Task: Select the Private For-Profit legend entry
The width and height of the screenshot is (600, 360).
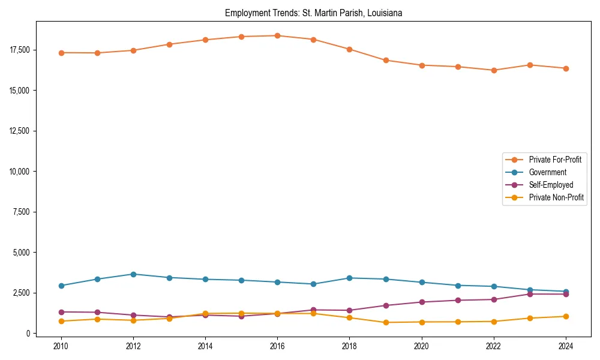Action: [x=555, y=160]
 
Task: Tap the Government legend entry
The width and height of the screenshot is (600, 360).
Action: [x=547, y=172]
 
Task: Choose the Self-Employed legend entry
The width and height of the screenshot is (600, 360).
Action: [x=551, y=185]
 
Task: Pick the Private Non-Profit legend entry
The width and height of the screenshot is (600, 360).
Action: [x=556, y=197]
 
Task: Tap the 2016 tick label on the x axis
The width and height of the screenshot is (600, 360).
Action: [x=277, y=346]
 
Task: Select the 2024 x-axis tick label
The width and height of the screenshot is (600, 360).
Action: [x=566, y=346]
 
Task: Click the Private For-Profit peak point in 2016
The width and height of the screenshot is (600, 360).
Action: [x=277, y=35]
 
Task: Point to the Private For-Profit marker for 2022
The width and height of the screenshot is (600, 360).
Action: [x=494, y=70]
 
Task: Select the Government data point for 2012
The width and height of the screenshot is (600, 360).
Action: [x=133, y=274]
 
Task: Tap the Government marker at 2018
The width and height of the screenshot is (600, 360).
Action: [x=350, y=278]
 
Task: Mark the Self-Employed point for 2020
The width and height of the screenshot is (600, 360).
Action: [x=422, y=302]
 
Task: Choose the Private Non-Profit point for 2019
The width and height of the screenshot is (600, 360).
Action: [x=386, y=322]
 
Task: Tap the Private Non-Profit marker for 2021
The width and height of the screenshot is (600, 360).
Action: [x=458, y=322]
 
